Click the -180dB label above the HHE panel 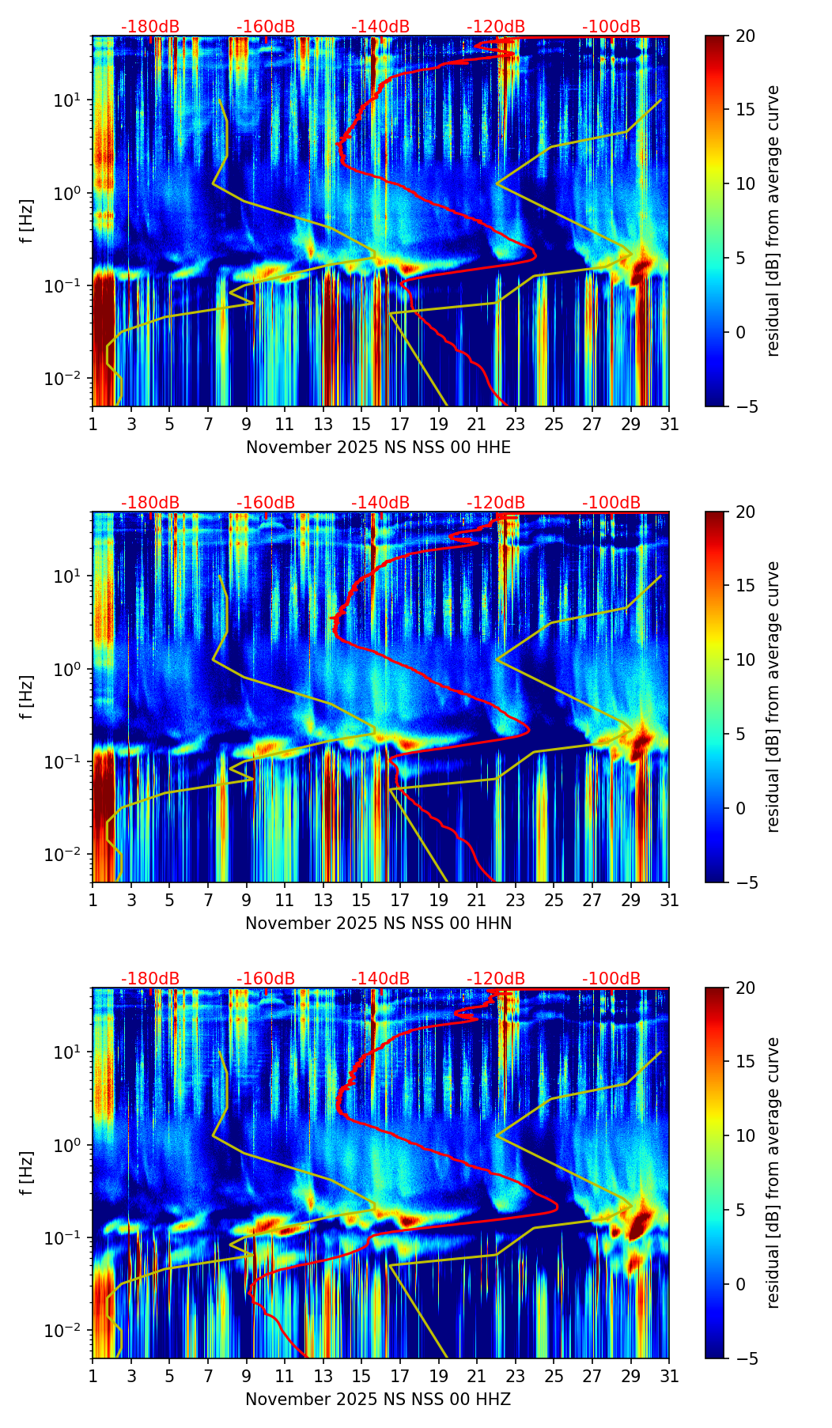click(x=150, y=27)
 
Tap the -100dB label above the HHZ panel click(x=611, y=979)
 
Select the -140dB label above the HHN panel click(x=380, y=503)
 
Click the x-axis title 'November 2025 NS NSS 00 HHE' click(x=378, y=448)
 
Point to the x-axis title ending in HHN click(x=378, y=924)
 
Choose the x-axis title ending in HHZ click(x=378, y=1400)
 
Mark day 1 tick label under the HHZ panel click(x=93, y=1377)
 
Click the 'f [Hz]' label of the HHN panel click(x=27, y=697)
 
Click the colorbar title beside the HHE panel click(x=773, y=221)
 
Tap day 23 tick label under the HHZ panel click(x=516, y=1377)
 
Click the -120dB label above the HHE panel click(x=496, y=27)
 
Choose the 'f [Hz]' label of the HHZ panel click(x=27, y=1173)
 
